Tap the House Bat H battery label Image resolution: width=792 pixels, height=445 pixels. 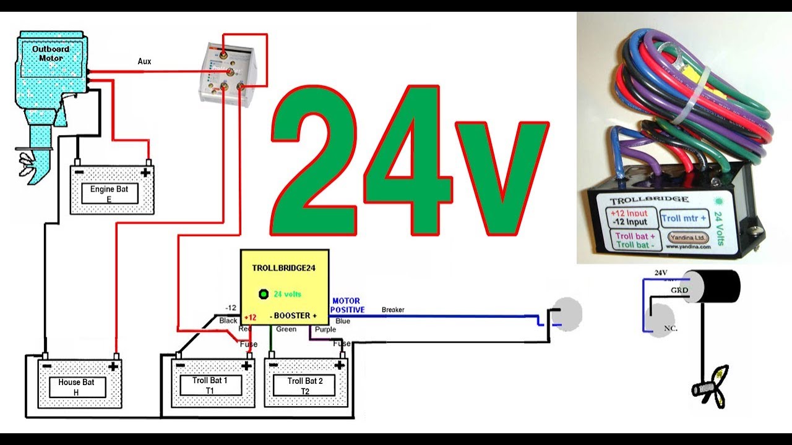[x=76, y=387]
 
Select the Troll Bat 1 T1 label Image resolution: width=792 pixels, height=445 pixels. [x=209, y=386]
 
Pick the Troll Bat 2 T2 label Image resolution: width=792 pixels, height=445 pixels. [x=305, y=386]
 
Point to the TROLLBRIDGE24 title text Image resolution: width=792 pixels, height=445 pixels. [x=284, y=268]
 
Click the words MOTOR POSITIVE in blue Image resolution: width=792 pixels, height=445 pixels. [x=348, y=305]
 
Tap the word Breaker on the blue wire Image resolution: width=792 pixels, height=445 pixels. [x=393, y=310]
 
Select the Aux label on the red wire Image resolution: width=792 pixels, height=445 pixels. [x=144, y=62]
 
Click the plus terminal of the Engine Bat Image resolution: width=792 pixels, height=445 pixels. [x=147, y=172]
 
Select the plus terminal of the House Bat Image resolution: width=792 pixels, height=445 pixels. [x=114, y=367]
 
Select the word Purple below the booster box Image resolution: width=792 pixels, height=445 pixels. [x=325, y=329]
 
